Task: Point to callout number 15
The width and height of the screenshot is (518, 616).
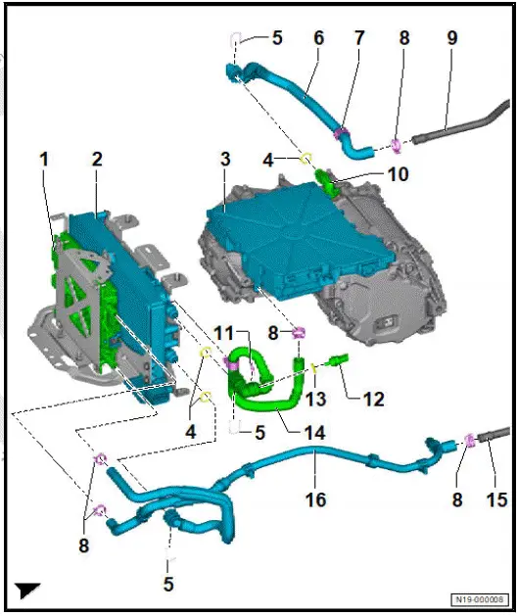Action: pyautogui.click(x=497, y=499)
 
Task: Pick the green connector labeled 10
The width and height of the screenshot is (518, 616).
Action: pyautogui.click(x=327, y=181)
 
